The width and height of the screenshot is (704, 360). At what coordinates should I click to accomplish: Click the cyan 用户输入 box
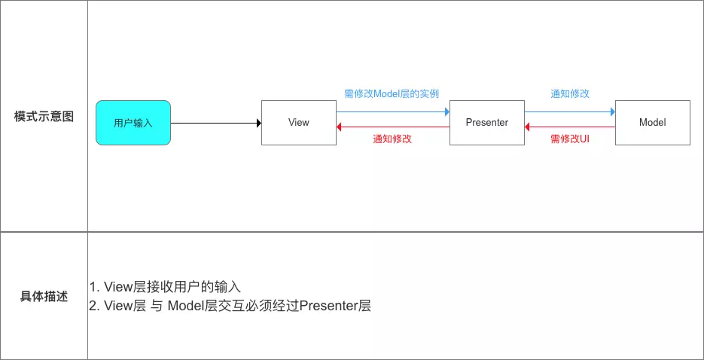(x=133, y=123)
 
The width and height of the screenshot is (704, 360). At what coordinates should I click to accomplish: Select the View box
(x=298, y=123)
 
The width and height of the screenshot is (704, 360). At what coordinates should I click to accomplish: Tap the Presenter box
(x=486, y=123)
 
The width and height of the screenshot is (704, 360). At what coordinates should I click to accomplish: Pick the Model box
(x=652, y=123)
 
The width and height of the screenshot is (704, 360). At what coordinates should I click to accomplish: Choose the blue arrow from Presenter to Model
(x=569, y=111)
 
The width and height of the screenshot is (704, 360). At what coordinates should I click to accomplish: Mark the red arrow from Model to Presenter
(x=569, y=127)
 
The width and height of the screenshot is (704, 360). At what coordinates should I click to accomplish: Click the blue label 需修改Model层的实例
(x=392, y=94)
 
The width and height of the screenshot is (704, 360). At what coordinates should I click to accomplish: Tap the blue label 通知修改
(x=569, y=94)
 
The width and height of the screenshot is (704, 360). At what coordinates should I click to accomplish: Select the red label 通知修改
(x=392, y=139)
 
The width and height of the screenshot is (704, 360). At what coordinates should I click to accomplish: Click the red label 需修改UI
(x=569, y=139)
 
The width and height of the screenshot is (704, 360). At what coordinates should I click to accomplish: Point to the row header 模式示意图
(x=44, y=117)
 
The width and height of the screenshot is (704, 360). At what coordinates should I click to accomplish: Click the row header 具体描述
(x=44, y=297)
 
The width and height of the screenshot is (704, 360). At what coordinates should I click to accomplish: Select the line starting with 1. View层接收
(x=165, y=287)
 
